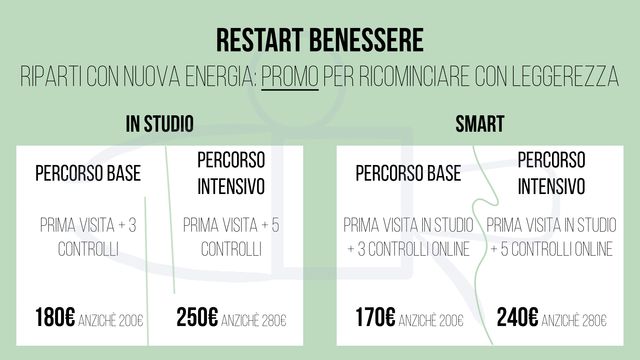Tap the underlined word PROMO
pos(290,77)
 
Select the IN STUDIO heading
pos(160,124)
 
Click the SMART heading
pos(479,124)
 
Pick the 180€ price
pos(55,319)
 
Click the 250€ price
pos(197,319)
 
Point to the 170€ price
pos(375,319)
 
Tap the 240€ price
pos(517,319)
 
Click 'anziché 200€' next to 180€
pos(110,321)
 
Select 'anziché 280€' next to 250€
pos(254,321)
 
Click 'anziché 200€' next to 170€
pos(431,321)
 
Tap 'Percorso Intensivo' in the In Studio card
pos(231,173)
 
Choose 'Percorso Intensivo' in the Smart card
pos(551,173)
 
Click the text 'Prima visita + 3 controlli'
pos(88,236)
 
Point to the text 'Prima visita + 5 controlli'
pos(231,236)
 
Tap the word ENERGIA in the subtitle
pos(213,77)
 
